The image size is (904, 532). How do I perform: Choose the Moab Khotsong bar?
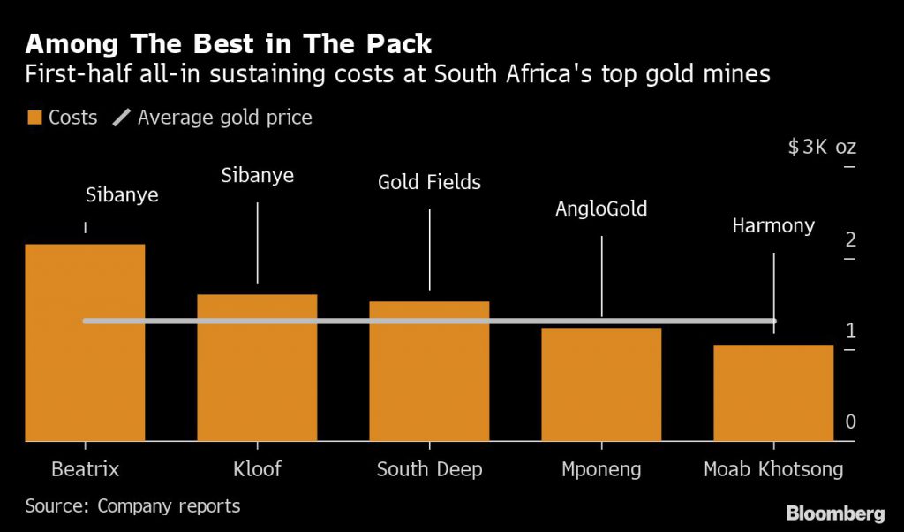point(773,392)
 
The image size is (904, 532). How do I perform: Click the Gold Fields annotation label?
point(429,183)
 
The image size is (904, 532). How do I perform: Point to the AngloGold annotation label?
point(601,209)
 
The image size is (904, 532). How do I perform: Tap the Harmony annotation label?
point(773,226)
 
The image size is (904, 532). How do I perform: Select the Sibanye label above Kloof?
point(257,176)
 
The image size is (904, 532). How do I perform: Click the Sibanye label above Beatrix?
point(122,195)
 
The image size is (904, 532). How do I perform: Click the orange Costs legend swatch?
point(34,118)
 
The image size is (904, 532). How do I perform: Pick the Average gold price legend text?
point(224,118)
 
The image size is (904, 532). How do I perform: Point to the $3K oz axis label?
point(822,147)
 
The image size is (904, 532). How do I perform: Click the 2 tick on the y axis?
point(850,239)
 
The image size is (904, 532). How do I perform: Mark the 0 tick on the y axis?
point(850,422)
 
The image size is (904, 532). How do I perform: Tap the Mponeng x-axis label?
point(601,469)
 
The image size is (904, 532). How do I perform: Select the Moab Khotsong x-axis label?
point(773,469)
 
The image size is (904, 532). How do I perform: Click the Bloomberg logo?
point(835,513)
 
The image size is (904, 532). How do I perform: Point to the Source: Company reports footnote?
point(132,506)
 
